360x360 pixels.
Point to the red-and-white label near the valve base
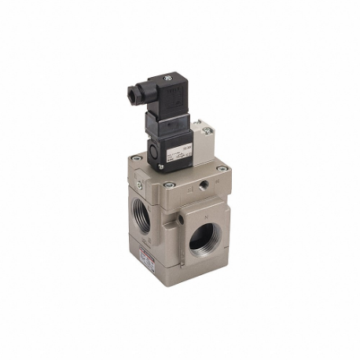146,255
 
